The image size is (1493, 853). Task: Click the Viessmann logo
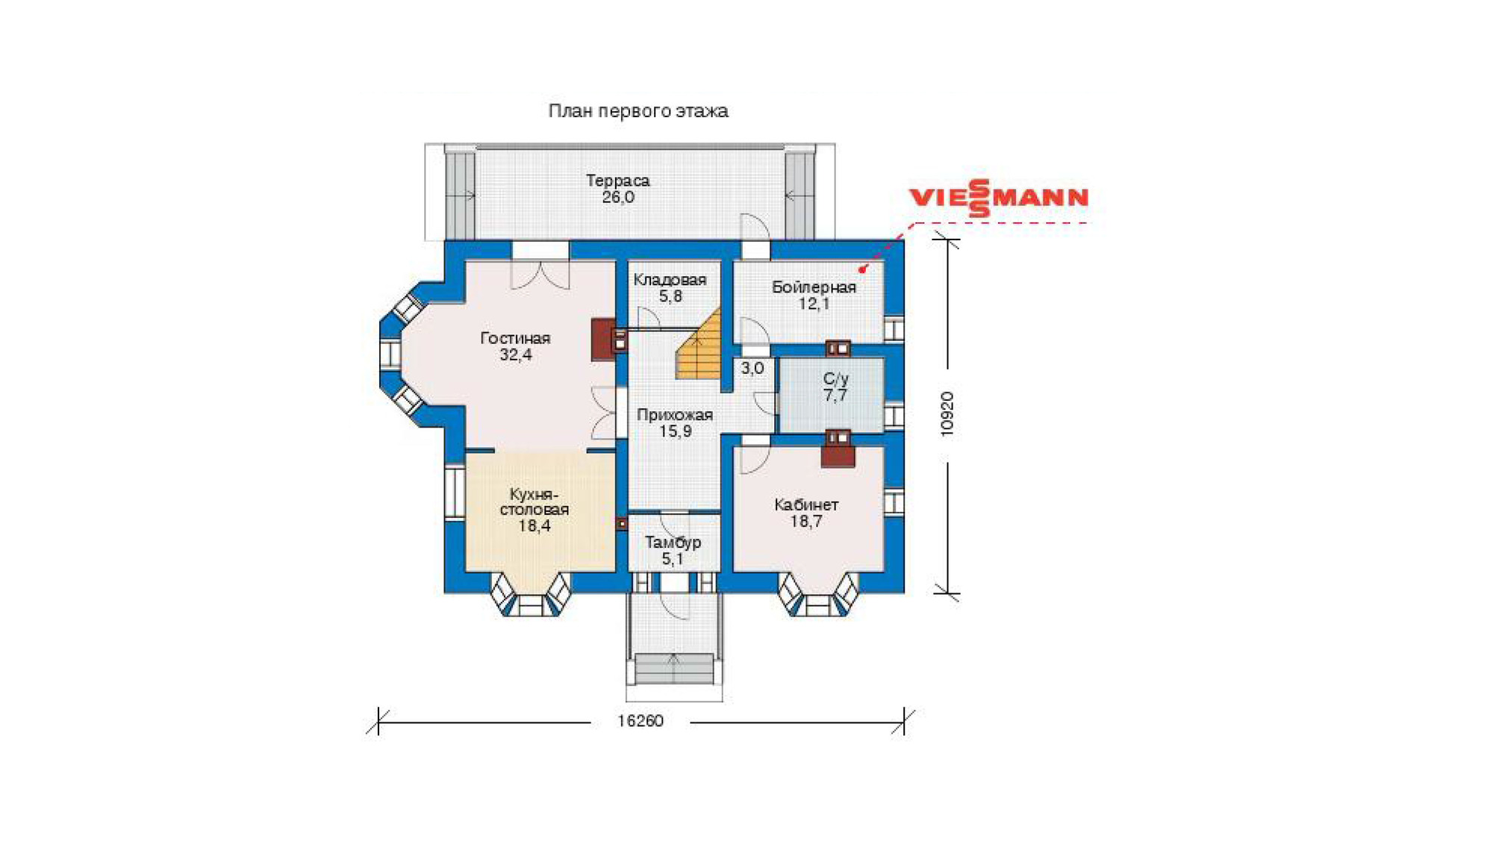pyautogui.click(x=998, y=198)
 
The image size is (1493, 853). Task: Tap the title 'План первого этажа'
pyautogui.click(x=638, y=111)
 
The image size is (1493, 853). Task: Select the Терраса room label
pyautogui.click(x=617, y=181)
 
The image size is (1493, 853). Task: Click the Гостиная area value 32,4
pyautogui.click(x=516, y=355)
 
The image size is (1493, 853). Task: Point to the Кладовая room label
pyautogui.click(x=670, y=280)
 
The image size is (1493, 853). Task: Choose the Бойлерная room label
pyautogui.click(x=814, y=287)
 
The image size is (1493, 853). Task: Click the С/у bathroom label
pyautogui.click(x=835, y=379)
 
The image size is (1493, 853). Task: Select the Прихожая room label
pyautogui.click(x=675, y=415)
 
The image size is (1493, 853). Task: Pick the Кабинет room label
pyautogui.click(x=806, y=505)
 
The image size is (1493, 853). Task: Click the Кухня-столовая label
pyautogui.click(x=534, y=502)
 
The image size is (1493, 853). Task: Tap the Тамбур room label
pyautogui.click(x=673, y=543)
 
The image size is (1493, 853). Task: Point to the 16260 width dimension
pyautogui.click(x=640, y=721)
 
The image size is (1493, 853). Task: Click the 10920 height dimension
pyautogui.click(x=947, y=414)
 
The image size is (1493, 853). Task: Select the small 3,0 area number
pyautogui.click(x=752, y=368)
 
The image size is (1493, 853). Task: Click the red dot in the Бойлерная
pyautogui.click(x=862, y=269)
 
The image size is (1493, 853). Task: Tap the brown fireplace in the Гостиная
pyautogui.click(x=603, y=340)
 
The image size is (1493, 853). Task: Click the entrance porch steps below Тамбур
pyautogui.click(x=673, y=668)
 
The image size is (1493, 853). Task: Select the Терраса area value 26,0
pyautogui.click(x=618, y=198)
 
